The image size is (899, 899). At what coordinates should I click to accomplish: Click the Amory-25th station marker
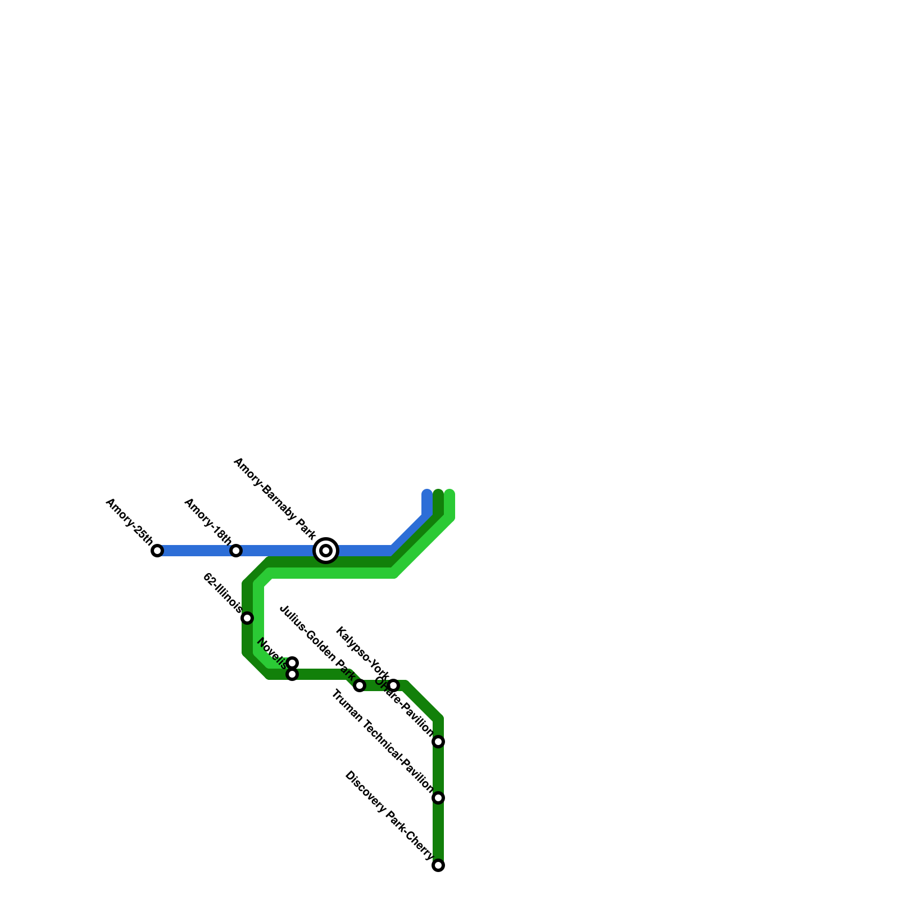click(157, 551)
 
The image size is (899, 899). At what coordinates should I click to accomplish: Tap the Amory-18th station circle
click(236, 551)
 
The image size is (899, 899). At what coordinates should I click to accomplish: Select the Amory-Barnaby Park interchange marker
click(326, 551)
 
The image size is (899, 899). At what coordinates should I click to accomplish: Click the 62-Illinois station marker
click(247, 618)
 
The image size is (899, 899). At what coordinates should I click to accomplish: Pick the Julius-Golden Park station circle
click(360, 685)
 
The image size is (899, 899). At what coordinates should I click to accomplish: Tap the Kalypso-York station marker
click(393, 685)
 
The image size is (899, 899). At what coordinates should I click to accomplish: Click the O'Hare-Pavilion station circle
click(438, 742)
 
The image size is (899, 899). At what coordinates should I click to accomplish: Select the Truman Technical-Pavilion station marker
click(438, 798)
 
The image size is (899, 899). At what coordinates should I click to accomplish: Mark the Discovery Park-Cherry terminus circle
click(438, 865)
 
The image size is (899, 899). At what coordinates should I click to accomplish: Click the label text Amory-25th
click(129, 521)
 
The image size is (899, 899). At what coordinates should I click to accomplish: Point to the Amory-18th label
click(208, 521)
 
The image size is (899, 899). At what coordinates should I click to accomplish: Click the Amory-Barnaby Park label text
click(275, 499)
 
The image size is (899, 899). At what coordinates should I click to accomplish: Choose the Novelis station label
click(272, 653)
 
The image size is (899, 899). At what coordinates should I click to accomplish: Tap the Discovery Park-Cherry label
click(389, 815)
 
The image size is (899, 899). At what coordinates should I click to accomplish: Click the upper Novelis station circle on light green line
click(292, 663)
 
